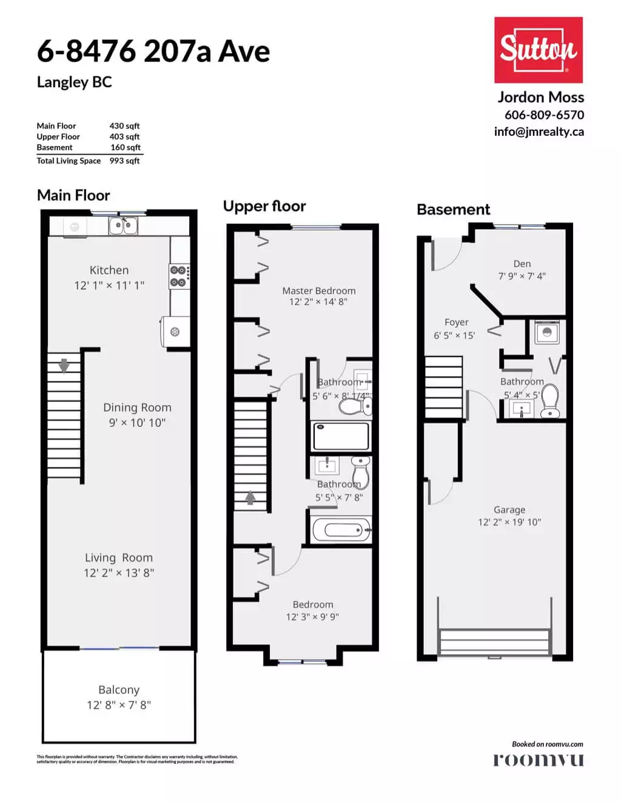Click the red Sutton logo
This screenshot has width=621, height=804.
[x=538, y=50]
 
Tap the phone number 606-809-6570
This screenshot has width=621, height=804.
[x=544, y=115]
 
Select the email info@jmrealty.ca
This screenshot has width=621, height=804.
[x=539, y=132]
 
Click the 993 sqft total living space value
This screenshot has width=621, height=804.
[x=124, y=161]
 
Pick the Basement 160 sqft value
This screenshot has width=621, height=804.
[x=125, y=147]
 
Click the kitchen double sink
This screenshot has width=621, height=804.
[x=123, y=226]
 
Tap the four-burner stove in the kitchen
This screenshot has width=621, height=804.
[x=179, y=276]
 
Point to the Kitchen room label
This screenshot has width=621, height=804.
[x=109, y=270]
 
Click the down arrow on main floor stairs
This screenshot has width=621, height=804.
[x=64, y=366]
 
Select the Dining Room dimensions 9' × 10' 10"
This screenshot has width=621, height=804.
[x=137, y=423]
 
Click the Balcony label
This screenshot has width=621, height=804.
[x=119, y=690]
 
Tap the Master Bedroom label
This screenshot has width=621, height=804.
[x=318, y=290]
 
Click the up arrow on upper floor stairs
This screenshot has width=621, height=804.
[x=250, y=497]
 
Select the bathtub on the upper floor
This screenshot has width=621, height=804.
[x=341, y=530]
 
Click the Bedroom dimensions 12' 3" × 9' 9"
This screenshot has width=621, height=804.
[x=312, y=617]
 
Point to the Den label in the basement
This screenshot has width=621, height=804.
[x=522, y=264]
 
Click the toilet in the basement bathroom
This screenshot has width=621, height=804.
[x=550, y=401]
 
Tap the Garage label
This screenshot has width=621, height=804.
[x=509, y=510]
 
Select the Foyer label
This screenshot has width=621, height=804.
[x=456, y=323]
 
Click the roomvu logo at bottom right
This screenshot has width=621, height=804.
[x=538, y=760]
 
